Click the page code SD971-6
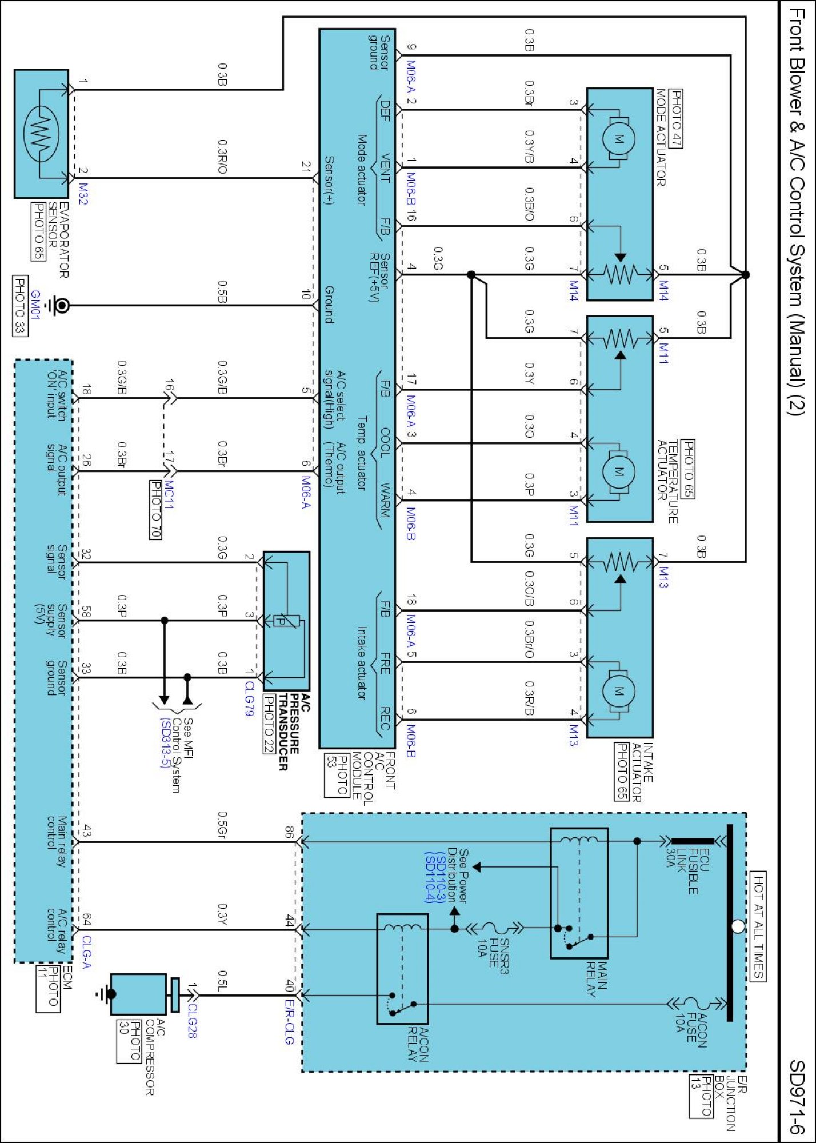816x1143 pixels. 797,1097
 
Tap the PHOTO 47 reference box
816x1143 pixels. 675,119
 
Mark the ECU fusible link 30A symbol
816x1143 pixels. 692,841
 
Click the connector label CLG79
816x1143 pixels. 249,698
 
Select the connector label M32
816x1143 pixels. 83,194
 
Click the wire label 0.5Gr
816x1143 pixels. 223,825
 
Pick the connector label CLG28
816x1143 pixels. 192,1021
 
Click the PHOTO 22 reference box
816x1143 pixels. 269,724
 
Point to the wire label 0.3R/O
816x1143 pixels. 223,157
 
